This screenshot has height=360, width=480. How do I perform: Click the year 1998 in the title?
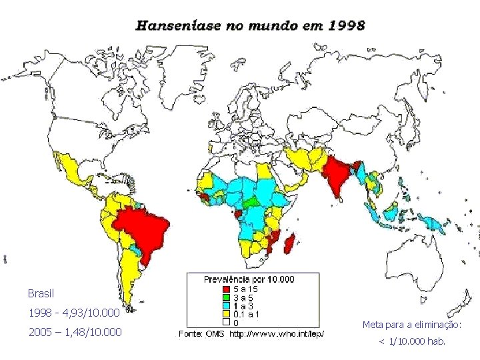tap(347, 26)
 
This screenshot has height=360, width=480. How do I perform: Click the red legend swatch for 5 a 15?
tap(227, 289)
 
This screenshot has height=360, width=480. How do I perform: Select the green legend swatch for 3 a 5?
tap(227, 298)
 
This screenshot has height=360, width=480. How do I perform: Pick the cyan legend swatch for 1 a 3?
tap(227, 307)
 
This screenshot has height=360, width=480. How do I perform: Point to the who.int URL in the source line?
tap(277, 333)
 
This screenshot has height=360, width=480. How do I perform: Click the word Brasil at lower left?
tap(41, 293)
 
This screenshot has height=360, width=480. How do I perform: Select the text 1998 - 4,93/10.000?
tap(73, 313)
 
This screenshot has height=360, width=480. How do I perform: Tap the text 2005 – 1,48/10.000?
tap(74, 331)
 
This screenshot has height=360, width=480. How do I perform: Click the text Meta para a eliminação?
tap(411, 325)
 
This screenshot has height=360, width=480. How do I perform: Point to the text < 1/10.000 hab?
tap(412, 342)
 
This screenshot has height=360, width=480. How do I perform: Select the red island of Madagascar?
tap(290, 243)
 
